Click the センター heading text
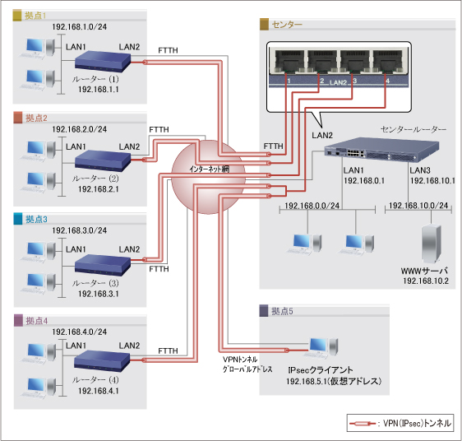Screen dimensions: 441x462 286,25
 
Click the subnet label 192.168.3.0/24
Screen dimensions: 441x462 81,233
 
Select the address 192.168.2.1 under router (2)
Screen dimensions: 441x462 99,188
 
